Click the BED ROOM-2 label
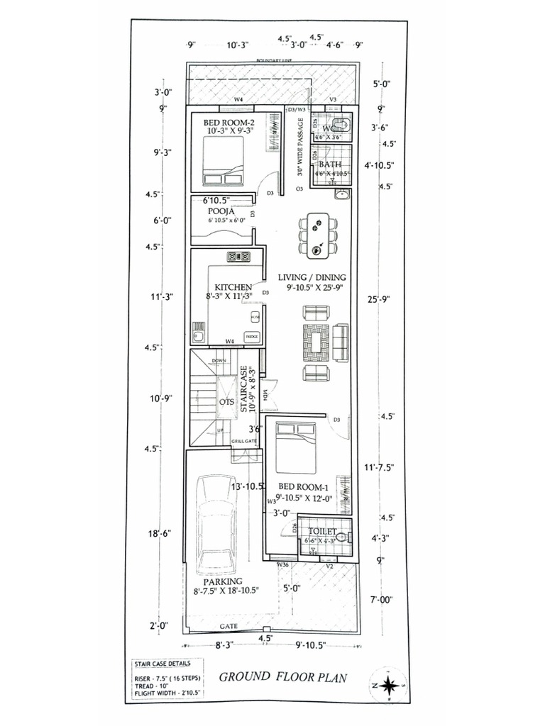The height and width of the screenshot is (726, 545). click(x=229, y=120)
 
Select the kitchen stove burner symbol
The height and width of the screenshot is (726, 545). click(x=237, y=257)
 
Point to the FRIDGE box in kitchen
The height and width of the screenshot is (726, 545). click(x=251, y=337)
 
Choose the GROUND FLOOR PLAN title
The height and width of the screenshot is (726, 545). click(x=282, y=677)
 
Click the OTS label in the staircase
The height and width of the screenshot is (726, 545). click(x=226, y=402)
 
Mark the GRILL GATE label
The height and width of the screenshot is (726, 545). click(x=243, y=441)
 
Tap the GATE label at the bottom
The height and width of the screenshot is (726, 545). click(x=229, y=627)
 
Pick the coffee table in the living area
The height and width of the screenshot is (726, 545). click(x=316, y=342)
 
